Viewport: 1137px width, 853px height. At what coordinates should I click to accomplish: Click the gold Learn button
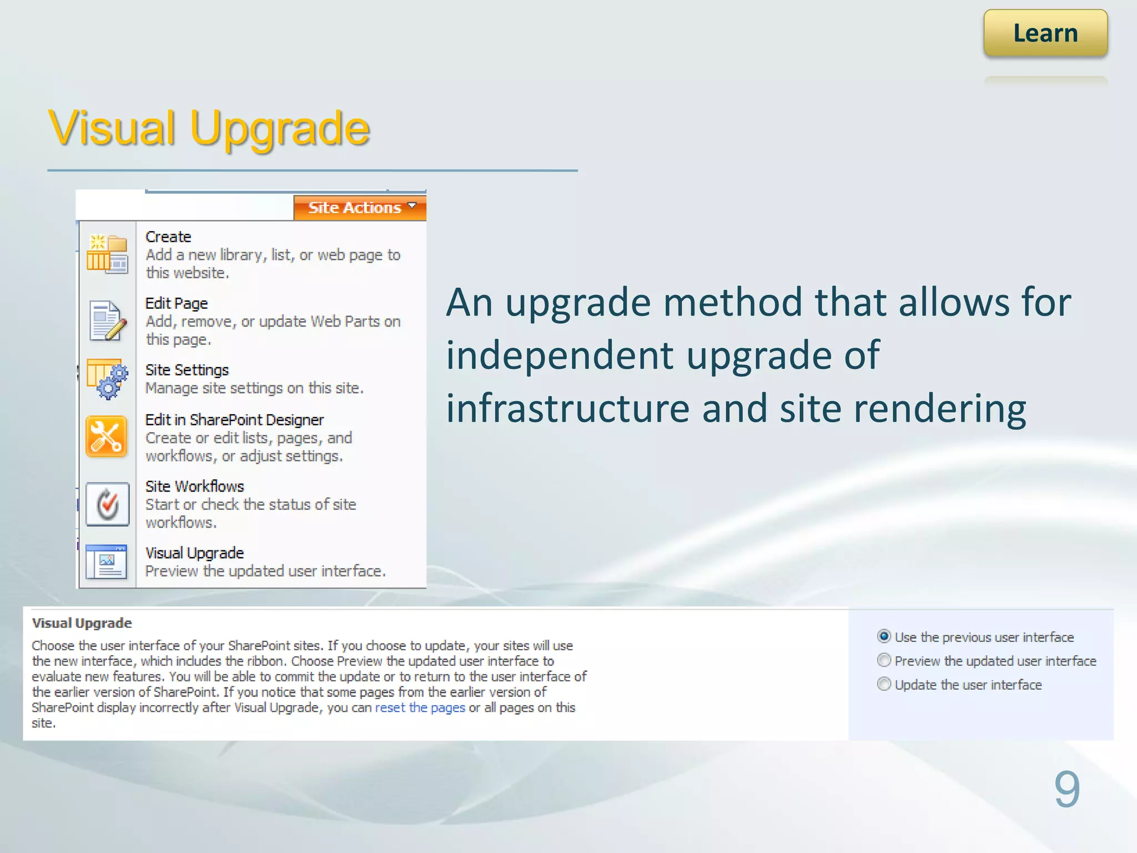[1045, 33]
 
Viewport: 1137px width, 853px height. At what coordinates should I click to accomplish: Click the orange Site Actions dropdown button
[360, 208]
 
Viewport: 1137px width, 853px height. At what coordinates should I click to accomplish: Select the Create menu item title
[168, 237]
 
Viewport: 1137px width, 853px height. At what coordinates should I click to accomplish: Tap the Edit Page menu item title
[177, 304]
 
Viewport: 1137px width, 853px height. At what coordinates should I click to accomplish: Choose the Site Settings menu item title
[187, 370]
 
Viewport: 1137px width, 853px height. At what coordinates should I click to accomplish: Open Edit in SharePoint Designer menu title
[234, 420]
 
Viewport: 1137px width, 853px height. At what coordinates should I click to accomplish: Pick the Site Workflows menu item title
[194, 487]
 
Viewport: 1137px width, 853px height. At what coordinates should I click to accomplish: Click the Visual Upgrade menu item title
[194, 554]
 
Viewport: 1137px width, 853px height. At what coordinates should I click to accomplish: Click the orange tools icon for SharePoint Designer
[107, 437]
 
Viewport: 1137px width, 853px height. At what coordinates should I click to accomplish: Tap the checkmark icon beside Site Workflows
[108, 504]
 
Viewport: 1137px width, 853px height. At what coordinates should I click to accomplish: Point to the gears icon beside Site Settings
[108, 379]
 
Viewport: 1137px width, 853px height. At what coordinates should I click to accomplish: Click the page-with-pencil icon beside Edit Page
[108, 321]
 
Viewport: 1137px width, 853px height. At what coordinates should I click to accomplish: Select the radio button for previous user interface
[884, 636]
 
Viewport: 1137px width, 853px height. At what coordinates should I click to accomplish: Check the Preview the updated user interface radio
[884, 660]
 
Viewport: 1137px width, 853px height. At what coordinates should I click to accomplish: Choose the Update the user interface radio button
[884, 684]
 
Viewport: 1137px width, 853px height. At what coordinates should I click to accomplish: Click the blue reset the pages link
[420, 708]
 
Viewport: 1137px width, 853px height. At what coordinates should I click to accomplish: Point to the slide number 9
[1066, 789]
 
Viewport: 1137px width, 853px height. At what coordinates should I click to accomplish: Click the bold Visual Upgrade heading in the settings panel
[82, 623]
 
